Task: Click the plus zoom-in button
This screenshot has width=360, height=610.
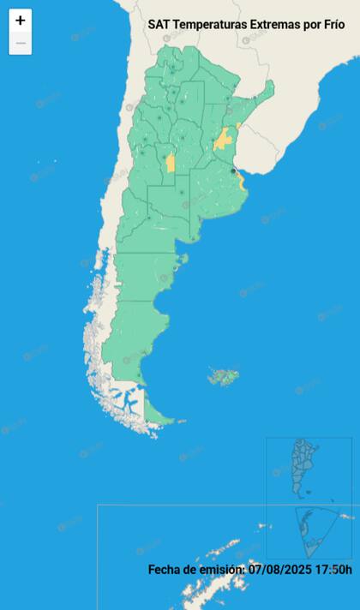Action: [21, 21]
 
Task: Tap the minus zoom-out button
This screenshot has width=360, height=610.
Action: [21, 43]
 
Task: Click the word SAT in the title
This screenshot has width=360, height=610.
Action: [159, 26]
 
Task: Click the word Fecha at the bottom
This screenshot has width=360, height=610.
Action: [166, 569]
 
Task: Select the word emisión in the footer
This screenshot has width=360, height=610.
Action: [222, 569]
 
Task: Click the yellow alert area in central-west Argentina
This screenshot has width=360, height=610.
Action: [171, 162]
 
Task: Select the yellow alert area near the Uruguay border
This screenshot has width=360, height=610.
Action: [225, 139]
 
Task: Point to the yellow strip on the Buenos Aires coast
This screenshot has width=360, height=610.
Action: [242, 182]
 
